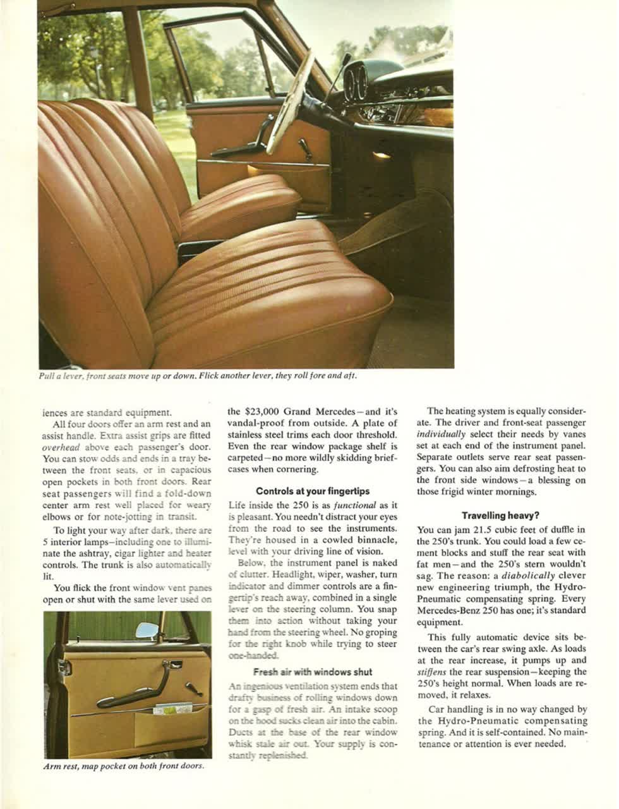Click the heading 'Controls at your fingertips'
[313, 491]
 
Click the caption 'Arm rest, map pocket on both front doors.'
[124, 767]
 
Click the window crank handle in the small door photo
[193, 687]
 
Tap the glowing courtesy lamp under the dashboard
[381, 155]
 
